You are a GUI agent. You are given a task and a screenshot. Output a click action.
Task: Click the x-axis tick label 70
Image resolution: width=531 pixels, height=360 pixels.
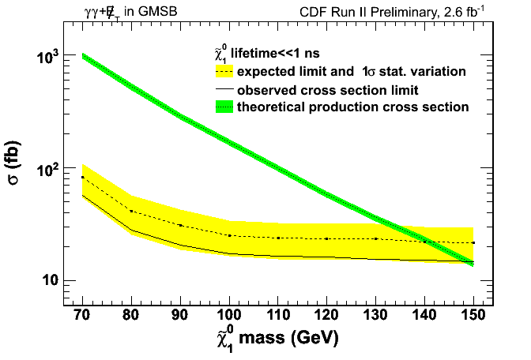coord(81,317)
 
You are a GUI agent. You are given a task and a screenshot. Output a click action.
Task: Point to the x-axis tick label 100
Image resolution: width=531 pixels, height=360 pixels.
coord(228,317)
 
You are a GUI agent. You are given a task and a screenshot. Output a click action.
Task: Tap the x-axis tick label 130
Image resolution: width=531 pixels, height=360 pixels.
coord(375,317)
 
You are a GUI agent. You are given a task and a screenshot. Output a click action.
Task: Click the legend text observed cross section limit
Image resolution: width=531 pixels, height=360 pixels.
coord(328,89)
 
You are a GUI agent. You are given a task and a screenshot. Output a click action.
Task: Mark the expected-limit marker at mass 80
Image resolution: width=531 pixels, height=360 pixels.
coord(131,212)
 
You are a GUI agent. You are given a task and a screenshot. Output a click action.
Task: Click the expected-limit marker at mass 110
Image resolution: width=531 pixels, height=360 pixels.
coord(278,238)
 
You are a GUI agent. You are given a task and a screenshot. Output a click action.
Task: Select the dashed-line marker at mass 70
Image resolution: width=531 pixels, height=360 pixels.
coord(82,178)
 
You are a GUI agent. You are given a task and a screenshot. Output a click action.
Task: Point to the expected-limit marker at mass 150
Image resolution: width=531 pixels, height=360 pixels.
coord(473,242)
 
